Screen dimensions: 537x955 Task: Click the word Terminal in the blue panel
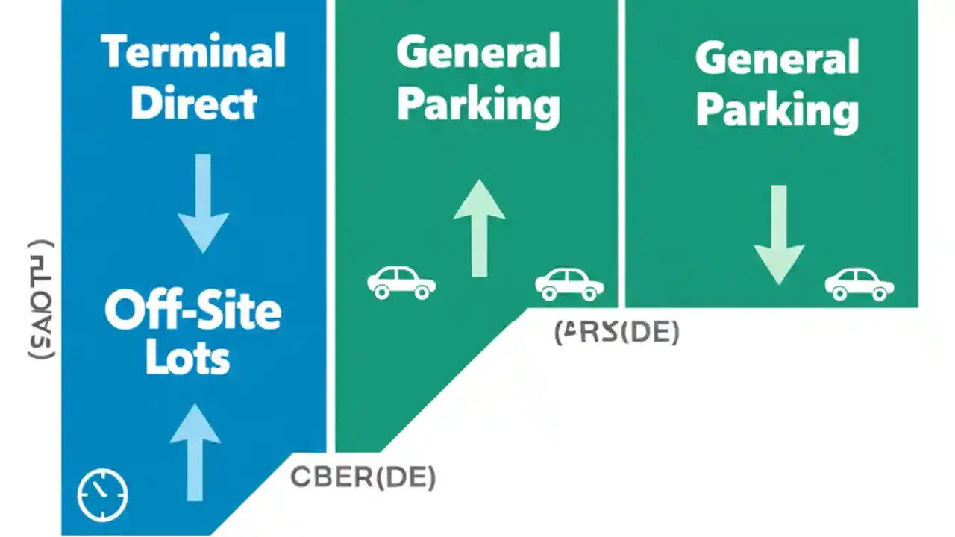point(193,51)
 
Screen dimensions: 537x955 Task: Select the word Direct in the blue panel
point(194,103)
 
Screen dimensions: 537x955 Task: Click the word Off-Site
point(193,311)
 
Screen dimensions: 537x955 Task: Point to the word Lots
point(187,359)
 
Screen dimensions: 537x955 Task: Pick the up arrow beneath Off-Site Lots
point(195,452)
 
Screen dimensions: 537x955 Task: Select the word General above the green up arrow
point(477,53)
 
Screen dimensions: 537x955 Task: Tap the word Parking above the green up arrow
point(477,105)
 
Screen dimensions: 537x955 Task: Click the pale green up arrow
point(479,227)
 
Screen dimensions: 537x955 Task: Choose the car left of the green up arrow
point(401,283)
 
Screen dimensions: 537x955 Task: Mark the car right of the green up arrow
point(569,284)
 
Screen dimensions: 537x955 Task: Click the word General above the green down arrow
point(777,58)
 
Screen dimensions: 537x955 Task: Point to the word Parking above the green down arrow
point(777,110)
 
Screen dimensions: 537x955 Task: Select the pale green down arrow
point(778,234)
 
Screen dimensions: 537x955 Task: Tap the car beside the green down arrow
point(859,284)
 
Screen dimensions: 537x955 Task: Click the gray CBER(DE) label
point(363,477)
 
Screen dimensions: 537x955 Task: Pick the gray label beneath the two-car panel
point(617,333)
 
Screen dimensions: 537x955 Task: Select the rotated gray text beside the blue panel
point(40,300)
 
